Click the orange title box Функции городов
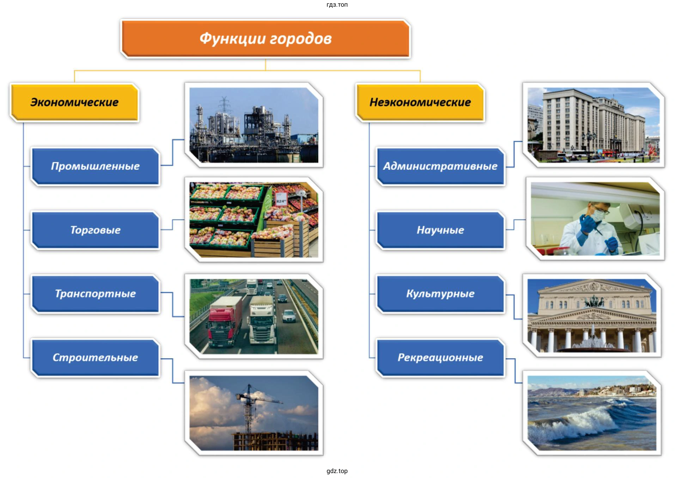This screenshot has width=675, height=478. pos(266,39)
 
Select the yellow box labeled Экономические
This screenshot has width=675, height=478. pos(74,102)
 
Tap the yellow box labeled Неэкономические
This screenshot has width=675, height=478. pos(420,102)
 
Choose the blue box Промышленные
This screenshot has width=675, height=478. pos(95,166)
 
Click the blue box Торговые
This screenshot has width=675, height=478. pos(95,230)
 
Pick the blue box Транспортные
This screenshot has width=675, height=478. pos(95,294)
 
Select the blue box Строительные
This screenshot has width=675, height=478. pos(95,358)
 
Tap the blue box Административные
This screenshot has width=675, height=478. pos(440,166)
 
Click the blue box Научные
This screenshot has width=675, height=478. pos(440,230)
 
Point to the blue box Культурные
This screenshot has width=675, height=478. pos(440,294)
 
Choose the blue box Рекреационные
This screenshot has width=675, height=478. pos(440,358)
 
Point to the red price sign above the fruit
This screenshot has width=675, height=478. pos(281,199)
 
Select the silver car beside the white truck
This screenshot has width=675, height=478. pos(289,316)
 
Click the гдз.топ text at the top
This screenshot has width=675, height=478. pos(337,5)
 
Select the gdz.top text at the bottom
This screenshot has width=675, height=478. pos(337,471)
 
